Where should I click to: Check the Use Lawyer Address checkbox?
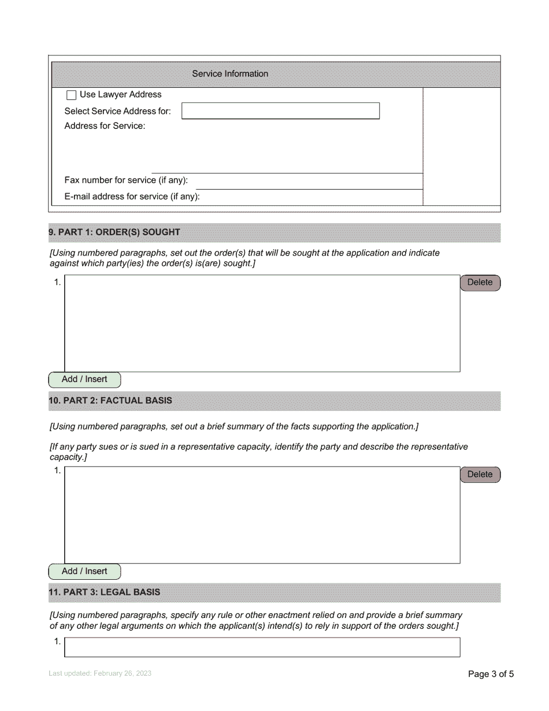[x=72, y=95]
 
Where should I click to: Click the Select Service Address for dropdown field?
[x=280, y=111]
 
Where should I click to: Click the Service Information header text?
[x=230, y=74]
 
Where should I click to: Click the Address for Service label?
[x=105, y=126]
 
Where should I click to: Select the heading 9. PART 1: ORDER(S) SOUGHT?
[x=114, y=232]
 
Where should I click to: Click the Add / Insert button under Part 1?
[x=84, y=380]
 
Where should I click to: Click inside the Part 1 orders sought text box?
[x=262, y=323]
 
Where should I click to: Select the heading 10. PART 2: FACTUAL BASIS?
[x=110, y=401]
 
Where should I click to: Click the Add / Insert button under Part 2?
[x=84, y=572]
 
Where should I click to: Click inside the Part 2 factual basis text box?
[x=262, y=515]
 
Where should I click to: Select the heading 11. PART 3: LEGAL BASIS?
[x=105, y=592]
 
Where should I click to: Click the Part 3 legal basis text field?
[x=262, y=647]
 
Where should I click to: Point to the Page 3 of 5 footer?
[x=490, y=674]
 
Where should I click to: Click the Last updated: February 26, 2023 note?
[x=100, y=674]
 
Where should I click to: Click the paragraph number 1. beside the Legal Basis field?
[x=57, y=642]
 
